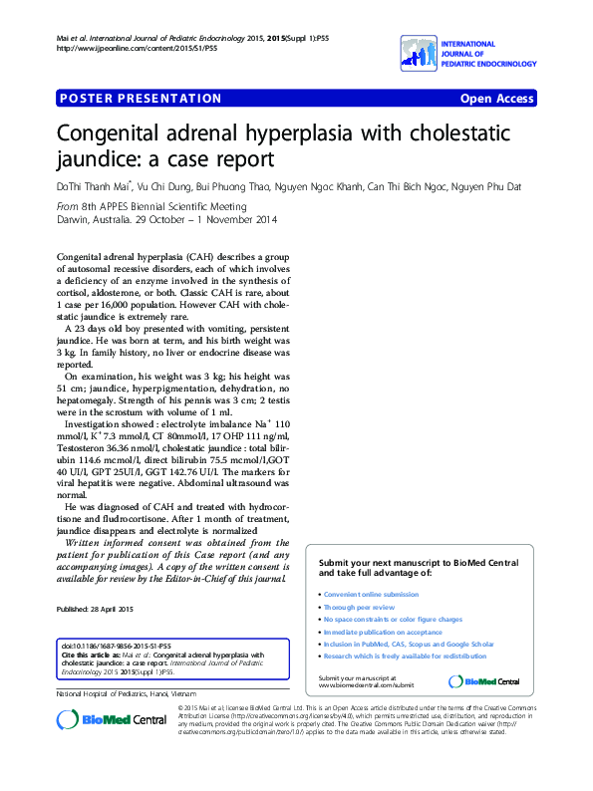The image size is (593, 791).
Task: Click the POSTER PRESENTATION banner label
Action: (x=141, y=99)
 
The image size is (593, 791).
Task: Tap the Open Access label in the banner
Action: (x=497, y=99)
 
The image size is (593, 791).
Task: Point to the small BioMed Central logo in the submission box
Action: (x=484, y=681)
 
